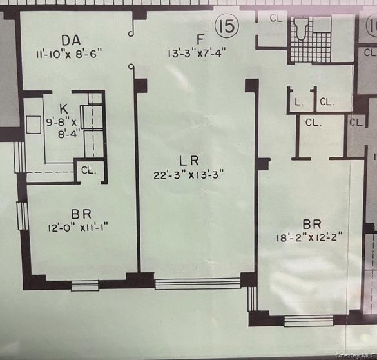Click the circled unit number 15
coord(227,26)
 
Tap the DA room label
coord(71,41)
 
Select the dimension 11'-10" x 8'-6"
coord(69,54)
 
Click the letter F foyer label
coord(200,39)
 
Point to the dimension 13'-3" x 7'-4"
coord(197,53)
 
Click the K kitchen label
coord(64,109)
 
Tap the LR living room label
coord(189,161)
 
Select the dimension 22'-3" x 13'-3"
coord(189,175)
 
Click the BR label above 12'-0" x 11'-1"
coord(81,214)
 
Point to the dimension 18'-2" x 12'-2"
coord(309,238)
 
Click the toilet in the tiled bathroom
coord(300,28)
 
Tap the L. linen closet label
coord(298,103)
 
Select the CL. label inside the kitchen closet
coord(88,170)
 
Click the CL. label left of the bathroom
coord(277,18)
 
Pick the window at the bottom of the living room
coord(198,283)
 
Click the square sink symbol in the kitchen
coord(34,125)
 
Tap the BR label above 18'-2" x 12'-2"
coord(312,225)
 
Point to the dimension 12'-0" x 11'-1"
coord(78,227)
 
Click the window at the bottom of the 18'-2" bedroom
coord(309,321)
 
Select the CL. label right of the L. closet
coord(327,102)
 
